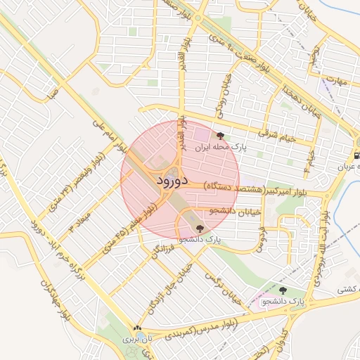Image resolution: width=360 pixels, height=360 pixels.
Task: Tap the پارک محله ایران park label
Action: (x=202, y=148)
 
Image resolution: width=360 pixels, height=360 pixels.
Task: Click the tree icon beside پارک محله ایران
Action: (x=220, y=136)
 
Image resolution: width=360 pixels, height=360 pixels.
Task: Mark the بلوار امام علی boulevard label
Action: (x=109, y=134)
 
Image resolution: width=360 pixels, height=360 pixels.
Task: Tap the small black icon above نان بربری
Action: (x=137, y=328)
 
